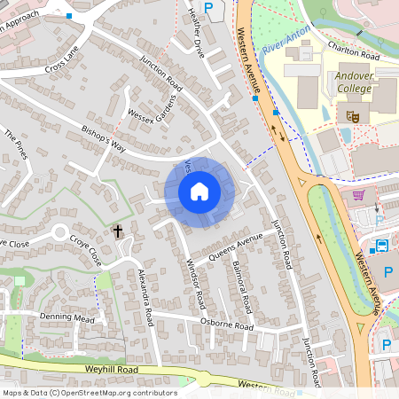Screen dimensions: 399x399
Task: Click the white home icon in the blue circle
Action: [x=199, y=192]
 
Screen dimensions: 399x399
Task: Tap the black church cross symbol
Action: [x=118, y=231]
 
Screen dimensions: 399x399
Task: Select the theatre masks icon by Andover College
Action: [x=352, y=114]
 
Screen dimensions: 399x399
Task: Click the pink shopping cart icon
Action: [x=358, y=196]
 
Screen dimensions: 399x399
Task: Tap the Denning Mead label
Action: [x=66, y=317]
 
